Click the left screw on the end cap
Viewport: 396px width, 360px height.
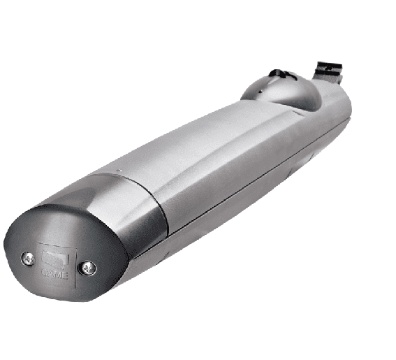tap(28, 258)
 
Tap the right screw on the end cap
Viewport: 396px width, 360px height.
tap(87, 267)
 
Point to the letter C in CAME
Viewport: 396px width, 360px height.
tap(45, 273)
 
